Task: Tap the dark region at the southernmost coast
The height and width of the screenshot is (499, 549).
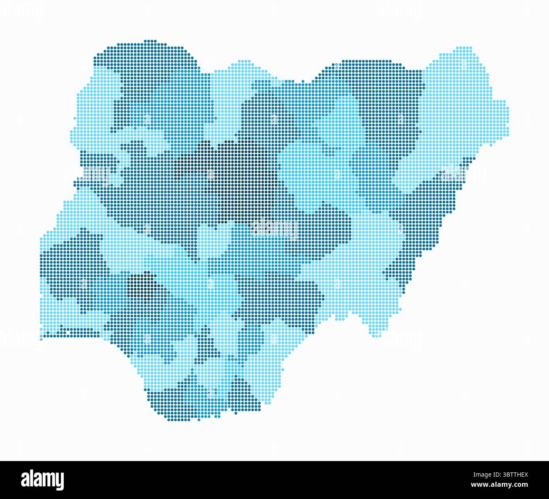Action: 186,401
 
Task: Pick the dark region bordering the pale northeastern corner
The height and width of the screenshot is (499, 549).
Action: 389,105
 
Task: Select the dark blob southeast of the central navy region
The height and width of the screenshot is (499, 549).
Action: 329,228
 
